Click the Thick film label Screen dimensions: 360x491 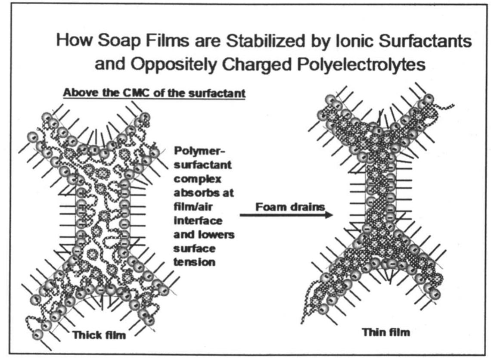coord(99,334)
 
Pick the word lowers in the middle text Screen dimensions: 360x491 coord(215,235)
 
